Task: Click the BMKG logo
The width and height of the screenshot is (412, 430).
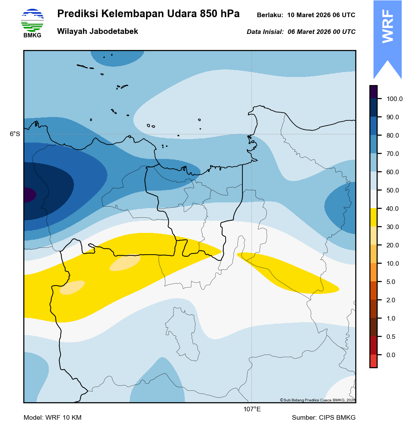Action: (x=32, y=23)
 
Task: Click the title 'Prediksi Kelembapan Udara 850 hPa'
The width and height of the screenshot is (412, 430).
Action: (x=148, y=14)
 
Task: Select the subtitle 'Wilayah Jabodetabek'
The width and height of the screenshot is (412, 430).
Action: (x=98, y=32)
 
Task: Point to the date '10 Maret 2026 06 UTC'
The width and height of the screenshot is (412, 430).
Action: (x=321, y=15)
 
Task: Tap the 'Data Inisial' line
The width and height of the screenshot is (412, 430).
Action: (x=301, y=32)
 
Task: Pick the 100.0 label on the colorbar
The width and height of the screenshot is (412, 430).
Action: (x=394, y=99)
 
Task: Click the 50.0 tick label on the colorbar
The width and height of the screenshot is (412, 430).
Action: (x=393, y=191)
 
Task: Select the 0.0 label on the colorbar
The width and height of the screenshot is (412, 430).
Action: (x=391, y=355)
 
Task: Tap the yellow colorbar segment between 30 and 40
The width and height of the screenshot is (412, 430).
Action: (x=374, y=218)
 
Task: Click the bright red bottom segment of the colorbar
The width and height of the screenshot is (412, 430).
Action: (x=374, y=361)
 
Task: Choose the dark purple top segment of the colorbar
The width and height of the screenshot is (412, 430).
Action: (x=374, y=92)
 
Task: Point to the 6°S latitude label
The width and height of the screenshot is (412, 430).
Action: (x=15, y=134)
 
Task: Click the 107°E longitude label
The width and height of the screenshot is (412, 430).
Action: (x=252, y=410)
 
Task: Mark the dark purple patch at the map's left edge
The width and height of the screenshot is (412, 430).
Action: (x=29, y=195)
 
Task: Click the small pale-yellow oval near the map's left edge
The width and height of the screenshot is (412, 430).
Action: (x=72, y=287)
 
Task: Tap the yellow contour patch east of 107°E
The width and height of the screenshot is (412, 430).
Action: (x=290, y=274)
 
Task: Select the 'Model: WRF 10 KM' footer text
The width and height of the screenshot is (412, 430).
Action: (x=53, y=418)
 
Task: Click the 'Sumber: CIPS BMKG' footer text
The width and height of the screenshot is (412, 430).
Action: (x=324, y=418)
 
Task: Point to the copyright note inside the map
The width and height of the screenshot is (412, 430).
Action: (x=317, y=400)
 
